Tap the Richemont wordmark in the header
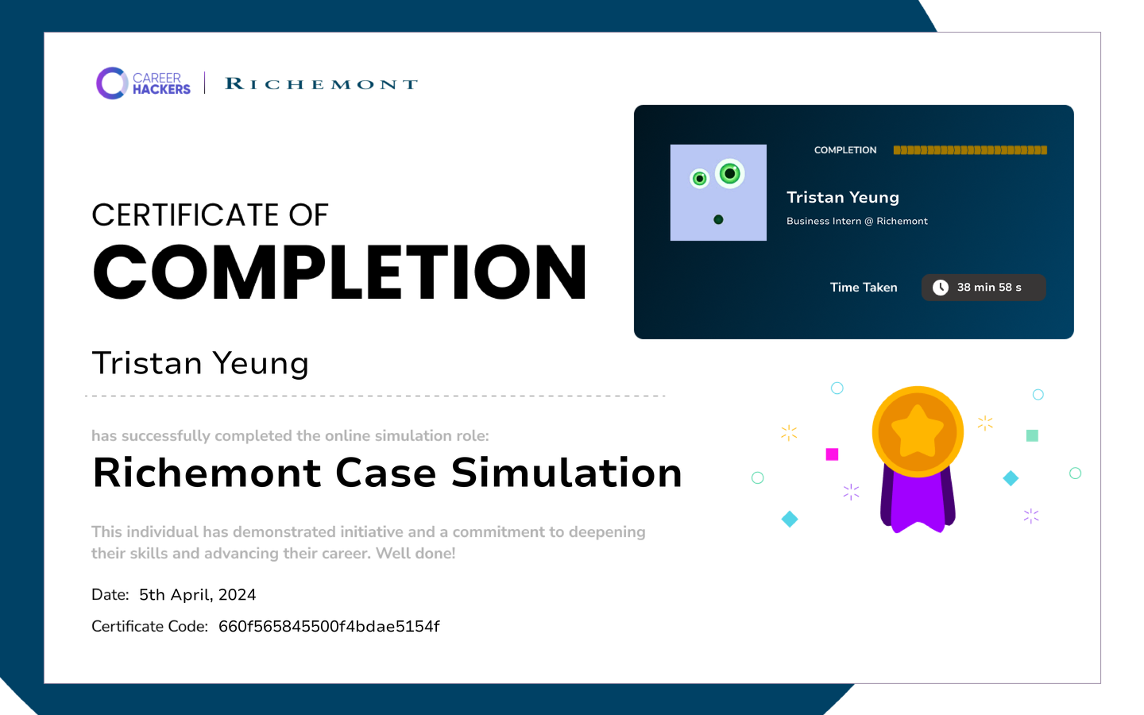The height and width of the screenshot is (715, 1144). pyautogui.click(x=322, y=83)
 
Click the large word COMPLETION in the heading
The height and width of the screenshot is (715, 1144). pyautogui.click(x=340, y=272)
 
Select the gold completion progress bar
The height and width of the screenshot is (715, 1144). pyautogui.click(x=970, y=150)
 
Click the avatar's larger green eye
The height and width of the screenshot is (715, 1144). pyautogui.click(x=730, y=174)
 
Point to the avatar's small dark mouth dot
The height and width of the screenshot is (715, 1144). pyautogui.click(x=718, y=219)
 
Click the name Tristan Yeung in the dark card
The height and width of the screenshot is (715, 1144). pyautogui.click(x=843, y=197)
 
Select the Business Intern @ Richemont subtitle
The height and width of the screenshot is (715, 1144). pyautogui.click(x=857, y=221)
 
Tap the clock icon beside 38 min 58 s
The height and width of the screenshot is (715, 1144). pyautogui.click(x=941, y=288)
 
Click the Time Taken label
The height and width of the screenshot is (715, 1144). pyautogui.click(x=864, y=288)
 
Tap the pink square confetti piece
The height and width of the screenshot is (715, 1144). pyautogui.click(x=832, y=454)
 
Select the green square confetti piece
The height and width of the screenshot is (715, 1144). pyautogui.click(x=1032, y=435)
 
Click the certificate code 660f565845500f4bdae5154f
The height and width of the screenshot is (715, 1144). pyautogui.click(x=329, y=626)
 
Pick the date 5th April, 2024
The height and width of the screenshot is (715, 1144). pyautogui.click(x=197, y=595)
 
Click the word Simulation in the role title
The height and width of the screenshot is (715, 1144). pyautogui.click(x=566, y=473)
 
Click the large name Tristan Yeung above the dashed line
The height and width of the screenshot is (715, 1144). pyautogui.click(x=200, y=364)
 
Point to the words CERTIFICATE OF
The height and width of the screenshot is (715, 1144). pyautogui.click(x=210, y=214)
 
